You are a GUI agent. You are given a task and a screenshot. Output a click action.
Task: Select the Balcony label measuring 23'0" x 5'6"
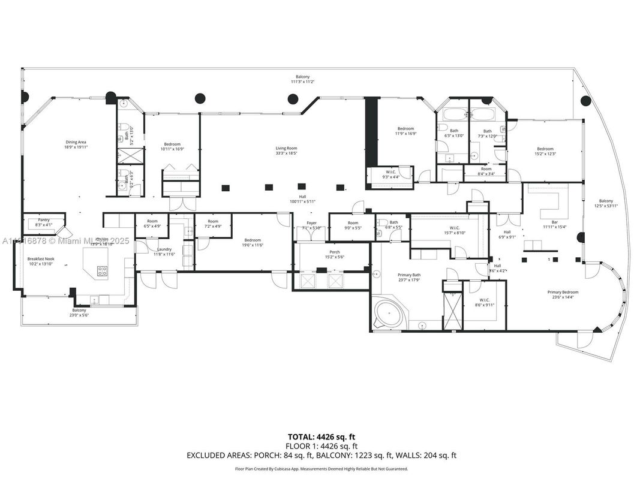click(79, 312)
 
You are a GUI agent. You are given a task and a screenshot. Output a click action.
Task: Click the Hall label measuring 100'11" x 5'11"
click(302, 200)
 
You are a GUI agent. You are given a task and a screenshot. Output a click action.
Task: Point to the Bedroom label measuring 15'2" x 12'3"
click(545, 151)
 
